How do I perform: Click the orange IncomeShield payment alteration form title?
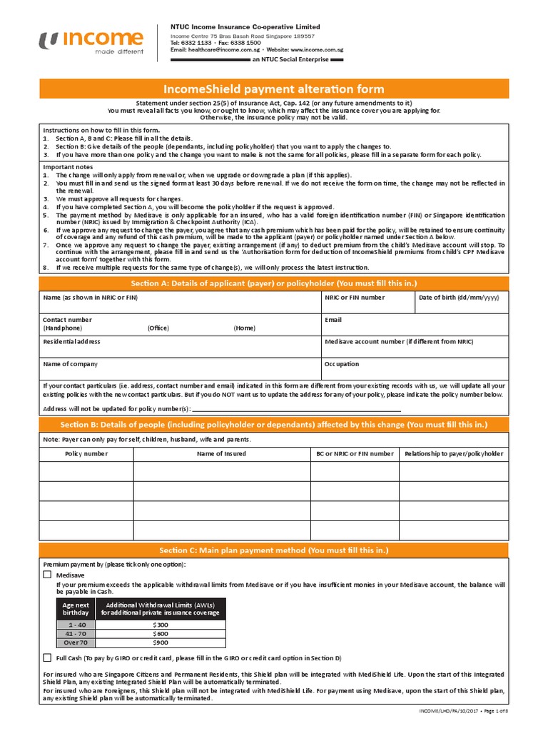(274, 89)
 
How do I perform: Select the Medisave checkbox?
(47, 574)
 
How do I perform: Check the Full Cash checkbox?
(47, 657)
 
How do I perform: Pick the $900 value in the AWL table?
(160, 642)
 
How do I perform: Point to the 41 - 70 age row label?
(76, 633)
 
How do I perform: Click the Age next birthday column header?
(76, 608)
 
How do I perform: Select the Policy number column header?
(86, 453)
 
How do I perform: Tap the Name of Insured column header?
(221, 453)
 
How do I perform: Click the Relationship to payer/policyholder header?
(454, 453)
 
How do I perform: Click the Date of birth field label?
(459, 298)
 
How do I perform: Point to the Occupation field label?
(342, 363)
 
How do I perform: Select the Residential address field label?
(71, 342)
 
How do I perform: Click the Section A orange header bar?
(274, 283)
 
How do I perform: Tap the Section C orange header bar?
(274, 550)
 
